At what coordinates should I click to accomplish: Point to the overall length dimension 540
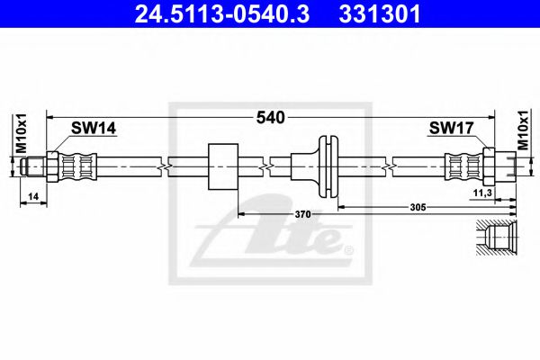(x=271, y=117)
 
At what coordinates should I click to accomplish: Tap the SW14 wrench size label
(x=96, y=129)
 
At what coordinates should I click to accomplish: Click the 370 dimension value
(x=302, y=214)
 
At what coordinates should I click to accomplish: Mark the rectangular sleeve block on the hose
(x=222, y=166)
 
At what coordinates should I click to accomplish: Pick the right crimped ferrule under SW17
(x=463, y=166)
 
